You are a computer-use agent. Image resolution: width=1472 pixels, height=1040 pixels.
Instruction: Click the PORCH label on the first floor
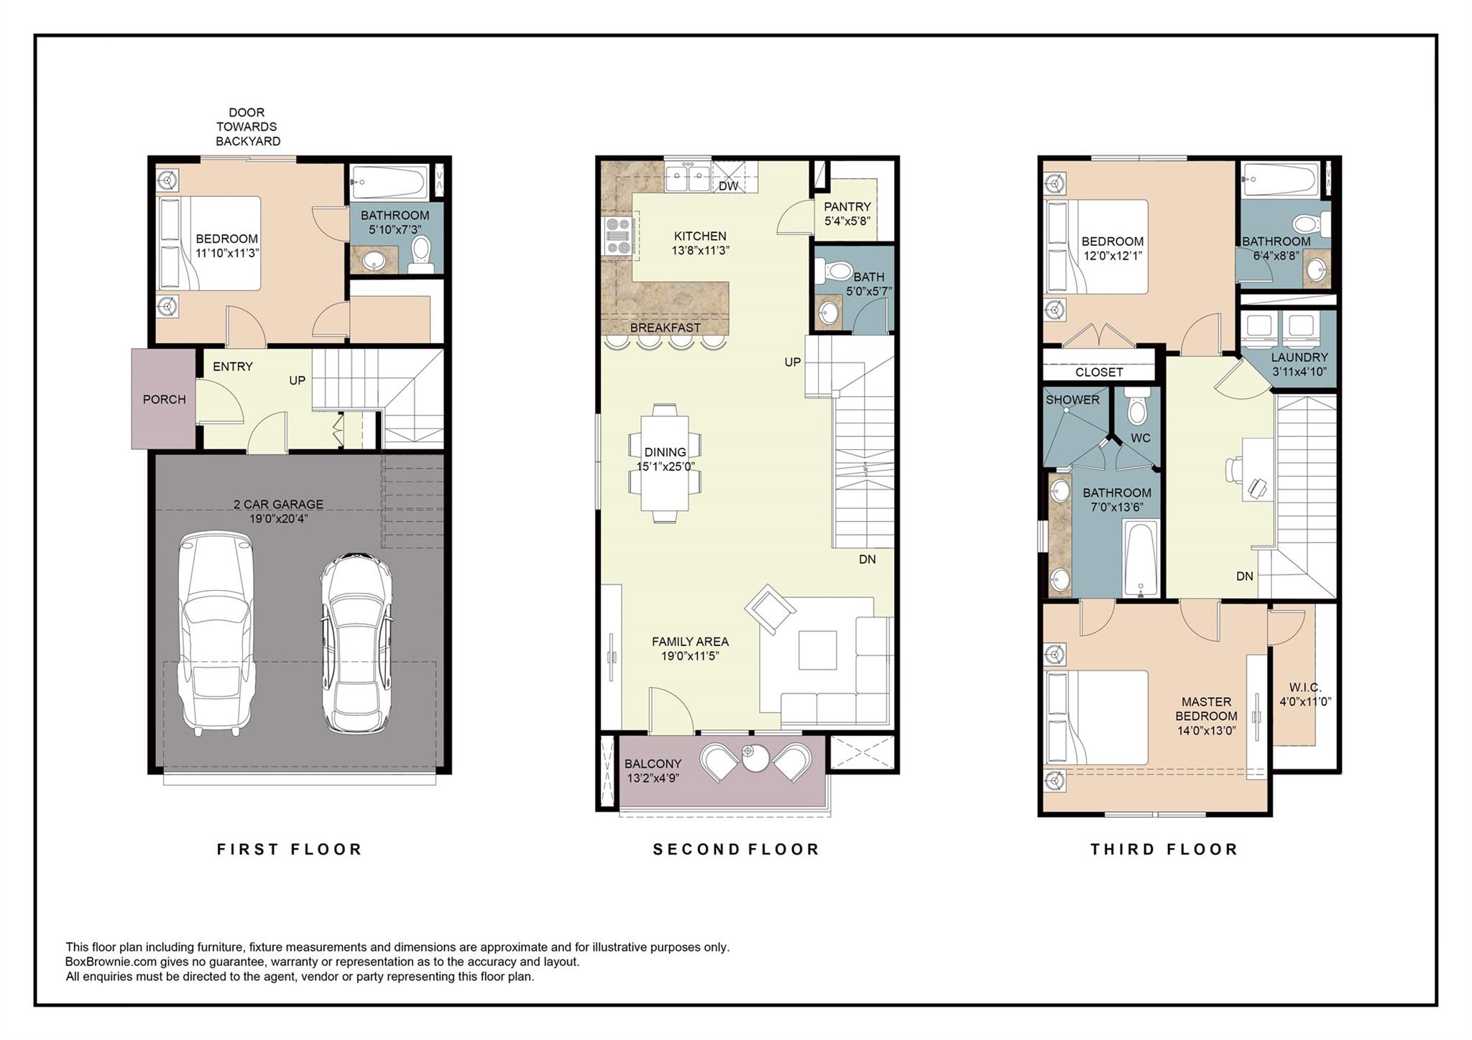164,400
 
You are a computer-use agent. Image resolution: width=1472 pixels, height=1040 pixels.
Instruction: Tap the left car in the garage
216,632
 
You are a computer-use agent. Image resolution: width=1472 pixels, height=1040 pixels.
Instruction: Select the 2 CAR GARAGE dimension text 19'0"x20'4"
279,519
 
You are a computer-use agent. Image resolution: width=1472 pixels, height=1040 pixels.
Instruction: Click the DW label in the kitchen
728,187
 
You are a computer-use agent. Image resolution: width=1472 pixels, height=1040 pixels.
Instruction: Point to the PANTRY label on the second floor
847,207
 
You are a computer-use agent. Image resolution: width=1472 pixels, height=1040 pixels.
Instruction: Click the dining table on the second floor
664,463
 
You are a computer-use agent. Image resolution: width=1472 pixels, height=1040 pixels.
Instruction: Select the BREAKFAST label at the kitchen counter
665,328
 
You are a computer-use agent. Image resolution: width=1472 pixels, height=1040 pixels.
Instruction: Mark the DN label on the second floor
867,559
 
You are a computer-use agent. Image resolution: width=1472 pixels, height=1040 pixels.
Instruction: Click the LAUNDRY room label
1299,357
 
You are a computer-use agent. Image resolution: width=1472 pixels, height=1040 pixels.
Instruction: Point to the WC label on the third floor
1140,438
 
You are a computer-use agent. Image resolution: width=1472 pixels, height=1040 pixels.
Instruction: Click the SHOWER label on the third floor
1072,400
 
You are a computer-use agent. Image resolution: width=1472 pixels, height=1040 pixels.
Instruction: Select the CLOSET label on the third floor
1098,372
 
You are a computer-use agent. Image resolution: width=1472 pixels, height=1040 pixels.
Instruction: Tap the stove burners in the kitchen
617,236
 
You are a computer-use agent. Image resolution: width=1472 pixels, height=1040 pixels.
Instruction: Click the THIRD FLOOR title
1164,850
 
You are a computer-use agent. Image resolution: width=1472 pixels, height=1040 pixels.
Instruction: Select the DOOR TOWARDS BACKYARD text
247,126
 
